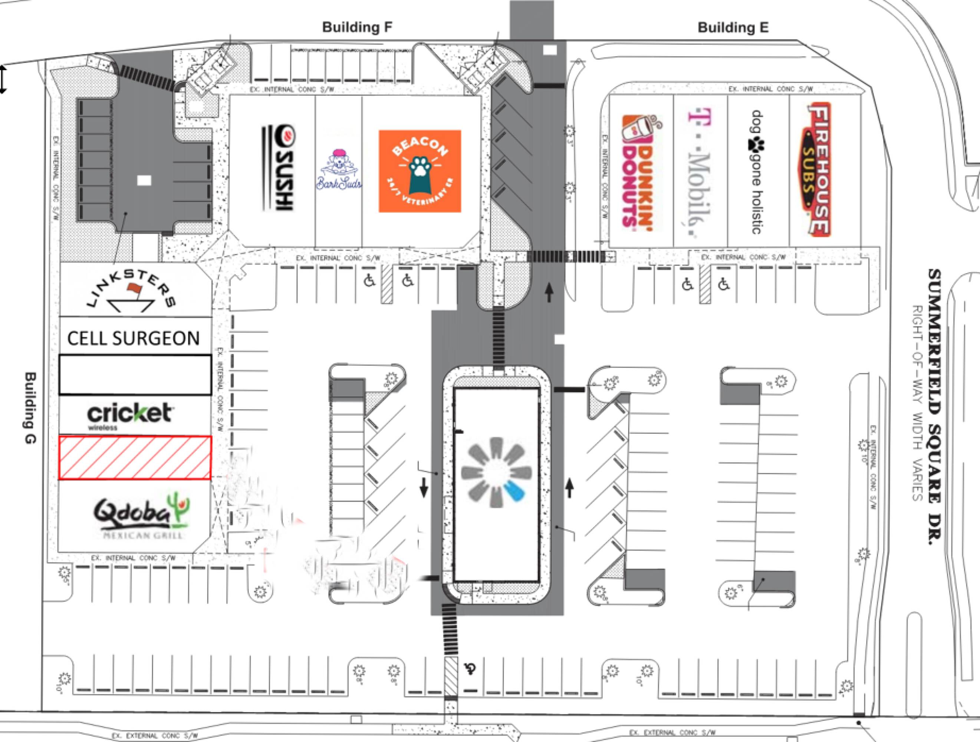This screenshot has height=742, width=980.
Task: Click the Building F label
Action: click(x=357, y=27)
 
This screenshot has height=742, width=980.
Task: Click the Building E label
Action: click(x=733, y=27)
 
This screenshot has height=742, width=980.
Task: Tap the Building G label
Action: click(x=30, y=407)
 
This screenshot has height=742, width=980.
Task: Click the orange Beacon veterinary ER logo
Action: click(x=420, y=171)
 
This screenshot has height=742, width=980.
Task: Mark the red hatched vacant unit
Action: click(x=135, y=457)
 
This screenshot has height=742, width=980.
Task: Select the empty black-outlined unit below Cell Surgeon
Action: click(x=135, y=375)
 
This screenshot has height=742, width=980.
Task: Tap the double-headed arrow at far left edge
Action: click(x=3, y=79)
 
